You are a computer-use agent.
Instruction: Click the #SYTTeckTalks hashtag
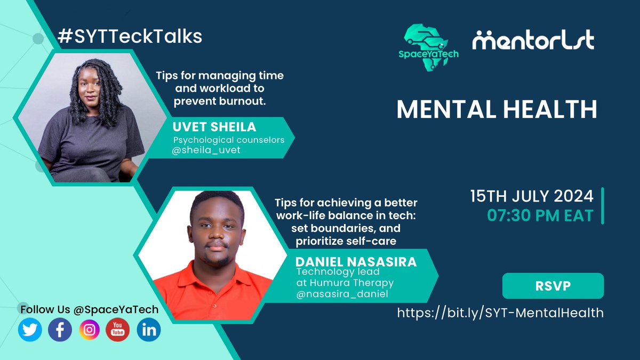tap(130, 36)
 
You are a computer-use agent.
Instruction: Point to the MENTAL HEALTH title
tap(497, 109)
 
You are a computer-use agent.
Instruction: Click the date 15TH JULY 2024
tap(531, 196)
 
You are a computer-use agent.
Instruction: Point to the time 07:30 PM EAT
tap(540, 215)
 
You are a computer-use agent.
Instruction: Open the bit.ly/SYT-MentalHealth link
tap(500, 313)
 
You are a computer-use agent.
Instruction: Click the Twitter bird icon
tap(30, 330)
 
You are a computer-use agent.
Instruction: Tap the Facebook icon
tap(60, 330)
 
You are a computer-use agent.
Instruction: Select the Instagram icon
tap(90, 330)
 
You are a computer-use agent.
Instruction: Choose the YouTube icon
tap(118, 330)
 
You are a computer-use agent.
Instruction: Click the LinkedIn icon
tap(148, 330)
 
